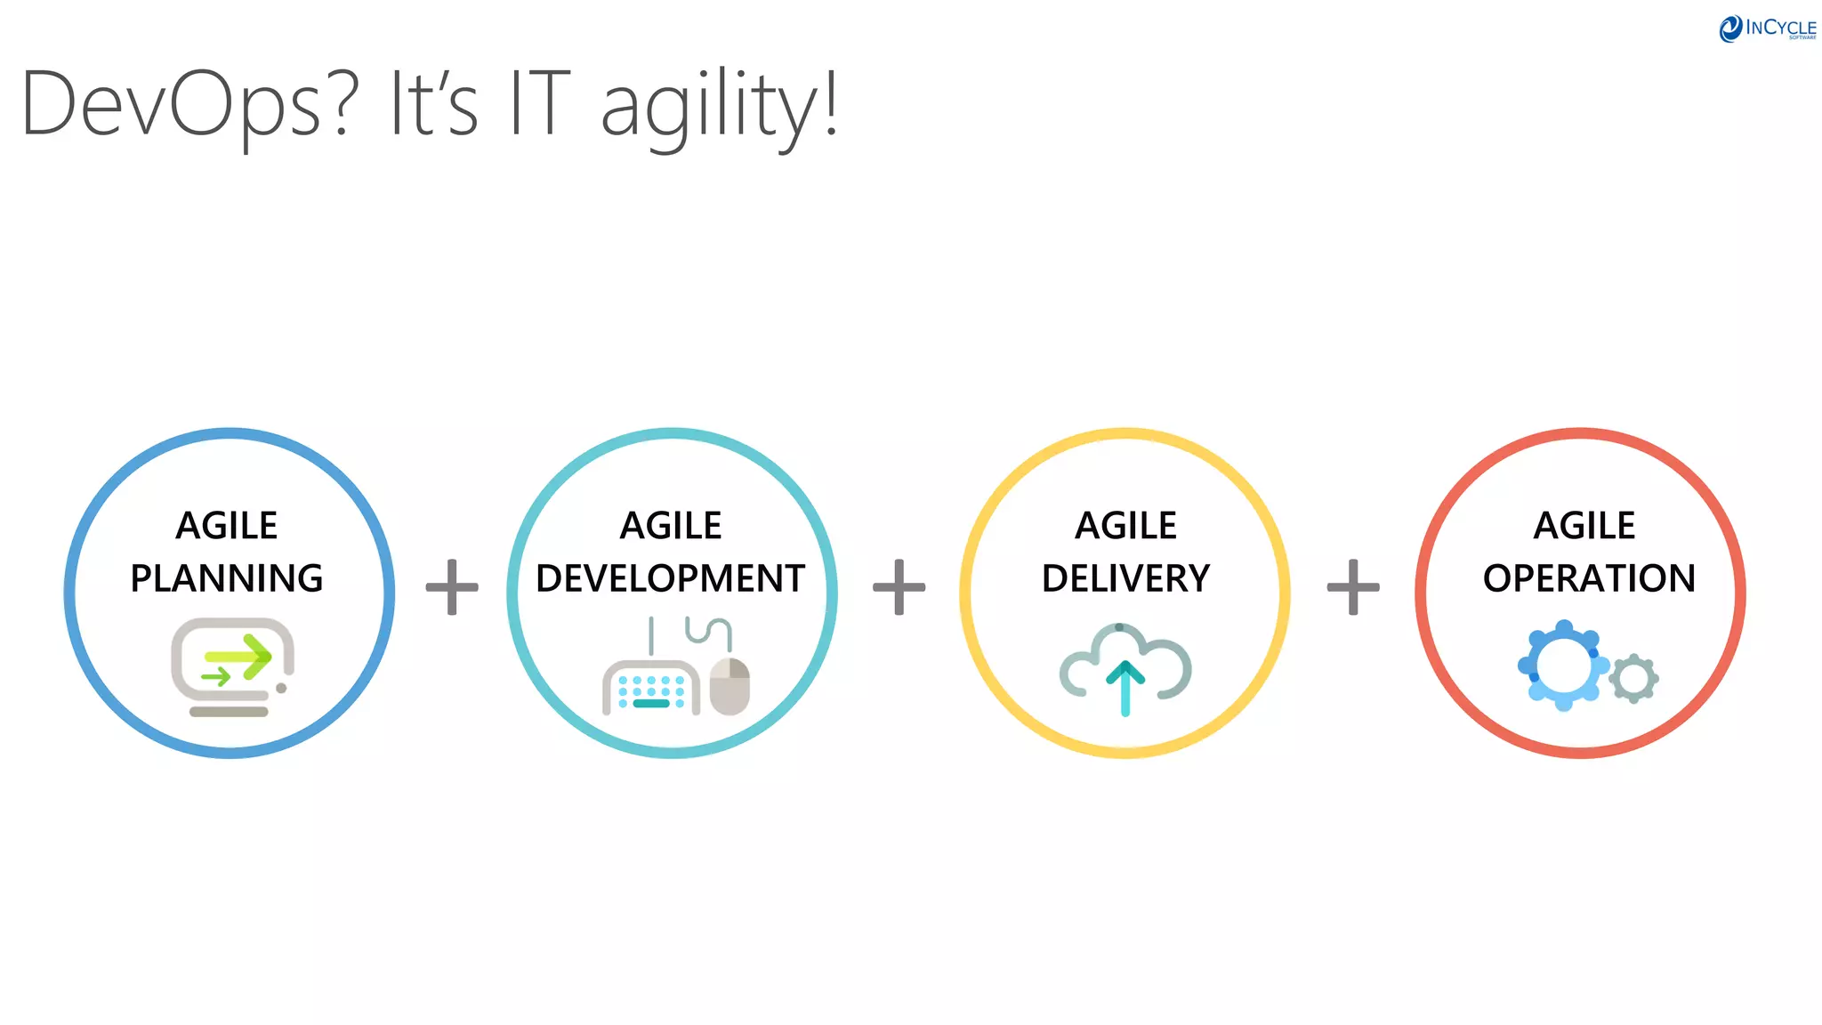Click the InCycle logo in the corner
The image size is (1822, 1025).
coord(1767,28)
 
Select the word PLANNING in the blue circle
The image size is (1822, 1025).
coord(227,578)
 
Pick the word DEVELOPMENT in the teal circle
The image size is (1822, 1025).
coord(671,578)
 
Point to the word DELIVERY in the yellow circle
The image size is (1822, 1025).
coord(1125,578)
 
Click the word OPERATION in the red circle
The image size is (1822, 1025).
coord(1589,578)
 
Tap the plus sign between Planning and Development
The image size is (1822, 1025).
coord(452,587)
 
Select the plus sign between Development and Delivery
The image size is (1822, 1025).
coord(899,587)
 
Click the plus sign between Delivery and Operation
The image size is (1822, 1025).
coord(1353,587)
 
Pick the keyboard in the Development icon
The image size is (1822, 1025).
coord(650,688)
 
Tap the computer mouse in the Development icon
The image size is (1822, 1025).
coord(730,686)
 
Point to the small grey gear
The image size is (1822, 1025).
coord(1633,679)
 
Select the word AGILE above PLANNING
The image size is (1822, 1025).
coord(227,526)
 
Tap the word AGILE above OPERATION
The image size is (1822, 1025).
coord(1584,526)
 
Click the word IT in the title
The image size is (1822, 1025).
coord(539,105)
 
